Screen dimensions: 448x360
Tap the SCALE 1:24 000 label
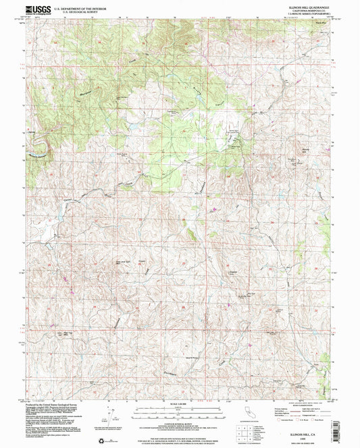pos(180,403)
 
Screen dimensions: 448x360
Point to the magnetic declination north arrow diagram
pos(105,410)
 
